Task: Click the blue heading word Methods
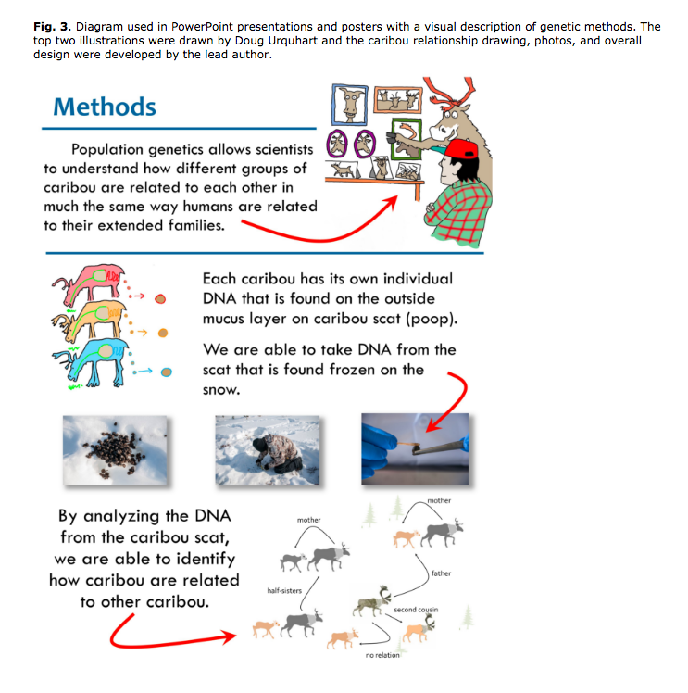(x=105, y=107)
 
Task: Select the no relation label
(x=382, y=655)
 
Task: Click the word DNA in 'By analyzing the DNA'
(x=208, y=516)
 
